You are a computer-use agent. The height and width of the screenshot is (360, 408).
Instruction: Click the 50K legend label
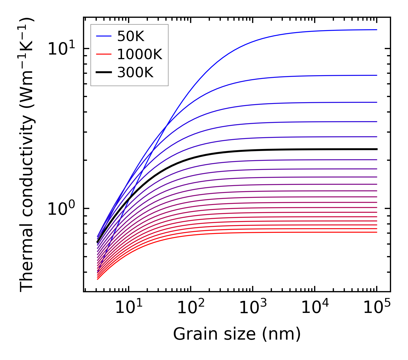click(131, 36)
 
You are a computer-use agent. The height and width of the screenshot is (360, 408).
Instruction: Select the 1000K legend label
click(140, 54)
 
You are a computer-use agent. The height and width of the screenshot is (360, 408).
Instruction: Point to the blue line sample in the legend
click(103, 36)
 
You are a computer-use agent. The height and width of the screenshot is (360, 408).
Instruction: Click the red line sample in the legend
click(103, 54)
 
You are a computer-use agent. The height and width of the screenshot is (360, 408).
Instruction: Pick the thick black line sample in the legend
click(103, 73)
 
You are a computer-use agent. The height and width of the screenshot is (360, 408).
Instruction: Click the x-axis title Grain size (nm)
click(237, 334)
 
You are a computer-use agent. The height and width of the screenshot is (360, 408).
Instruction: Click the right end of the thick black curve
click(376, 149)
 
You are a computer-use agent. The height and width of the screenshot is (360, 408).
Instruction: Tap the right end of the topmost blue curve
click(376, 30)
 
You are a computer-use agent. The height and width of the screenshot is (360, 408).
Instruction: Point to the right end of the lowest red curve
click(376, 232)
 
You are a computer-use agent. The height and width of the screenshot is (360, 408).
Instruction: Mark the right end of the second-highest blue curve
click(376, 75)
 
